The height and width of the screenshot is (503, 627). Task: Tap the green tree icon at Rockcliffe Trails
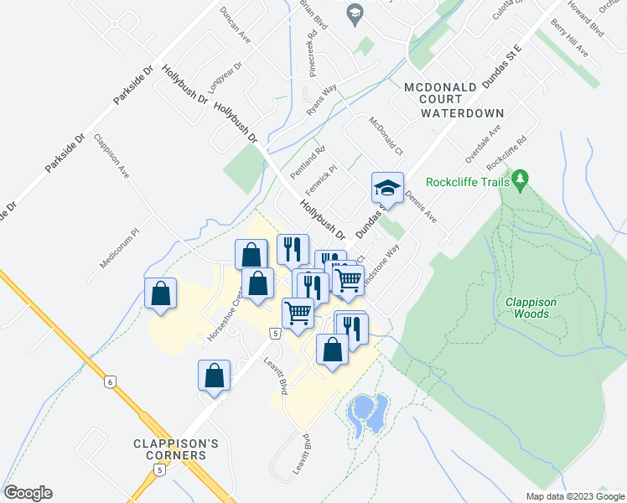tap(521, 178)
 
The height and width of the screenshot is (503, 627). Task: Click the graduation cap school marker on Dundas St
tap(387, 188)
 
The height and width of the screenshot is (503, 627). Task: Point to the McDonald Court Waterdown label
tap(453, 100)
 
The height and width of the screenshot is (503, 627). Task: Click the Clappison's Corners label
tap(170, 449)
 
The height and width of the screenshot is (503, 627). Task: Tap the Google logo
tap(28, 493)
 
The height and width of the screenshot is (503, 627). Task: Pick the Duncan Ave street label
tap(235, 25)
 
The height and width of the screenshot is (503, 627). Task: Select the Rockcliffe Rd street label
tap(510, 149)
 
